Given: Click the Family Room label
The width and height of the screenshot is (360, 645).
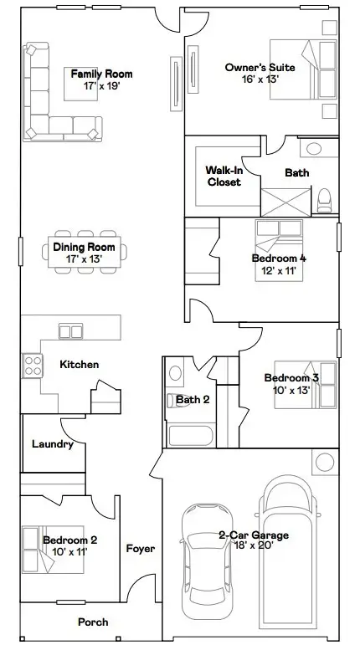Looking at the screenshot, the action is point(101,74).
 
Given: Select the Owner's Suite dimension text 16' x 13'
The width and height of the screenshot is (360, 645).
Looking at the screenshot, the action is point(260,79).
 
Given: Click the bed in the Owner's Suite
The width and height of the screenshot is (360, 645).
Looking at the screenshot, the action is point(304,69).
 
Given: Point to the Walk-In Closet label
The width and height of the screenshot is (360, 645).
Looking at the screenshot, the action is point(224,176).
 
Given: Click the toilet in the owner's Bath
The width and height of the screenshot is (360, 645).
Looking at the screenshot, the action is point(324,200).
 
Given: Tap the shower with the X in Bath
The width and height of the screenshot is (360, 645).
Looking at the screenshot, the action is point(285,202).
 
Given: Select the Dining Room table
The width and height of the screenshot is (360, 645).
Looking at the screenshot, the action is point(85,252).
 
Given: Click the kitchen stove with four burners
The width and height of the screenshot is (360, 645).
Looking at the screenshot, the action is point(33,366).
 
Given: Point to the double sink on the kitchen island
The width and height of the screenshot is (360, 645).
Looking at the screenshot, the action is point(71,331).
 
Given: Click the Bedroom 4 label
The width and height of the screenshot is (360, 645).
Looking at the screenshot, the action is point(279,259).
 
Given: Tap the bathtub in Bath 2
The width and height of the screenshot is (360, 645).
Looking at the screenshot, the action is point(191,436).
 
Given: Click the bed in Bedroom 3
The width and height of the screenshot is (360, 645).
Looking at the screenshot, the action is point(306,385).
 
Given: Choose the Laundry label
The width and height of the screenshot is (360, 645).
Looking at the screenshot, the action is point(53,444).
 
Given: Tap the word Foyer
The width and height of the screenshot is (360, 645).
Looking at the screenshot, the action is point(141,548).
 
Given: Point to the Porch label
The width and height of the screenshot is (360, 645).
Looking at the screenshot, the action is point(94,622).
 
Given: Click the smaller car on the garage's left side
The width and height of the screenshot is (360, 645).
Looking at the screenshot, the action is point(207,561).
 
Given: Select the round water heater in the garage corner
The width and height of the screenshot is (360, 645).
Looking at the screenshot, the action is point(325,462).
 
